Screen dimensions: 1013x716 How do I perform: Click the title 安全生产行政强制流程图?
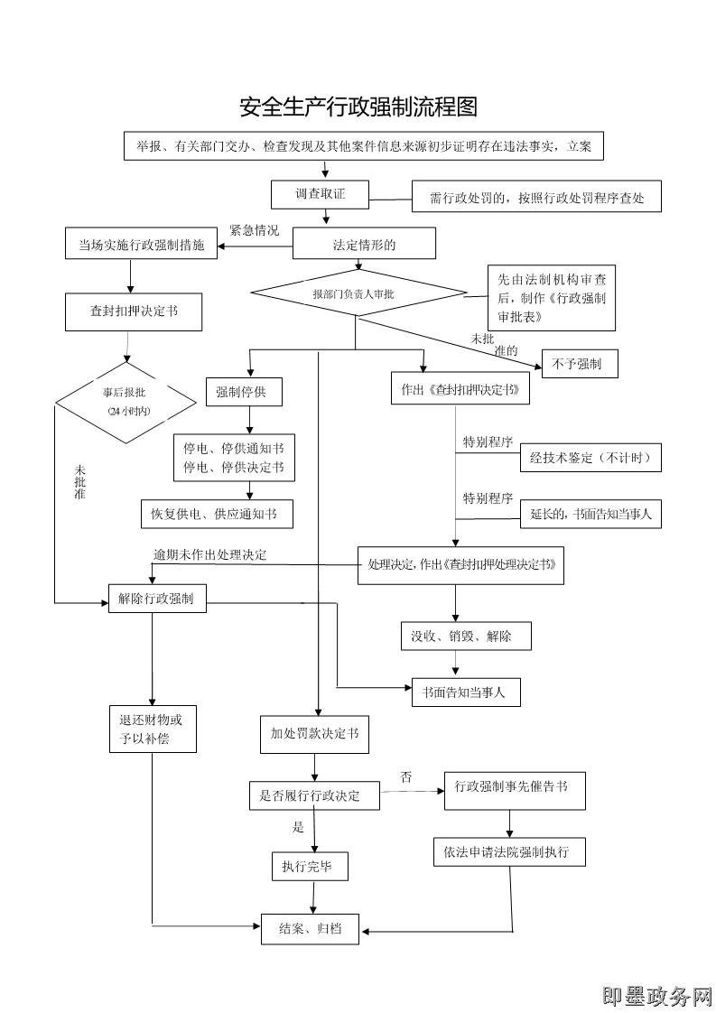coord(358,107)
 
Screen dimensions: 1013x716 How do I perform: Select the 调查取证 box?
coord(321,194)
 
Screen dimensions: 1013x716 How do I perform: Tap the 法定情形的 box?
coord(364,244)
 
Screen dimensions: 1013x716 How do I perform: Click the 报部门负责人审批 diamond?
coord(358,293)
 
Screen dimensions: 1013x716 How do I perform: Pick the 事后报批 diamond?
coord(126,402)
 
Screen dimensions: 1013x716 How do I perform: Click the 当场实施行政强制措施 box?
coord(142,244)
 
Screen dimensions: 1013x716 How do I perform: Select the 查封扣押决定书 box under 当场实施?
coord(133,311)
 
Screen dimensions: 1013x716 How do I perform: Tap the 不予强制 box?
coord(579,364)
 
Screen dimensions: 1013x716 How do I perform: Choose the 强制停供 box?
coord(243,392)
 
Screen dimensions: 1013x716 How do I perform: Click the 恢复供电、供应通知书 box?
coord(218,514)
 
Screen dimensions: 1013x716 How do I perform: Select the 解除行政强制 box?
coord(156,599)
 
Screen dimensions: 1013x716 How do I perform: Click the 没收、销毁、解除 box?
coord(466,636)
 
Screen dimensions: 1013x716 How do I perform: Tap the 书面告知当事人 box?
coord(466,692)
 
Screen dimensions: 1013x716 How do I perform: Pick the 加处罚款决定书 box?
coord(314,733)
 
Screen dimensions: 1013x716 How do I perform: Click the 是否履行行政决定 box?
coord(314,795)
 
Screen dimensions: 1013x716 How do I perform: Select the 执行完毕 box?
coord(309,867)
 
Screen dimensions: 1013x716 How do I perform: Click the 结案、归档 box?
coord(310,929)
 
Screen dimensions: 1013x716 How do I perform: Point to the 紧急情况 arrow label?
coord(254,230)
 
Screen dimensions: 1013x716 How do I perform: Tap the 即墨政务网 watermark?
coord(657,995)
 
